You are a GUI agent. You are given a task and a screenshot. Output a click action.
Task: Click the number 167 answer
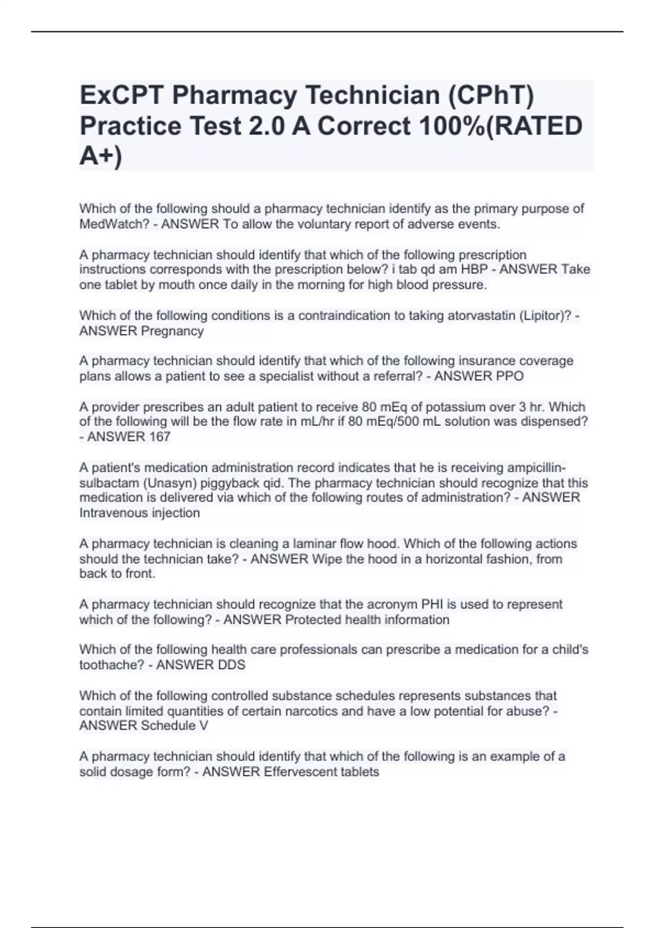click(159, 437)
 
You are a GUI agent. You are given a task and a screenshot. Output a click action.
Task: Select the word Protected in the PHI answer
click(312, 620)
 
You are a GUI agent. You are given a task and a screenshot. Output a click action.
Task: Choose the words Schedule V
click(174, 725)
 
